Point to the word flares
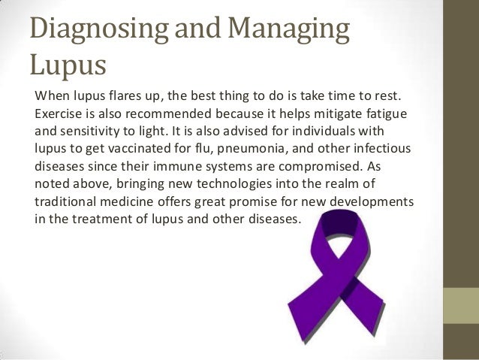click(122, 97)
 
